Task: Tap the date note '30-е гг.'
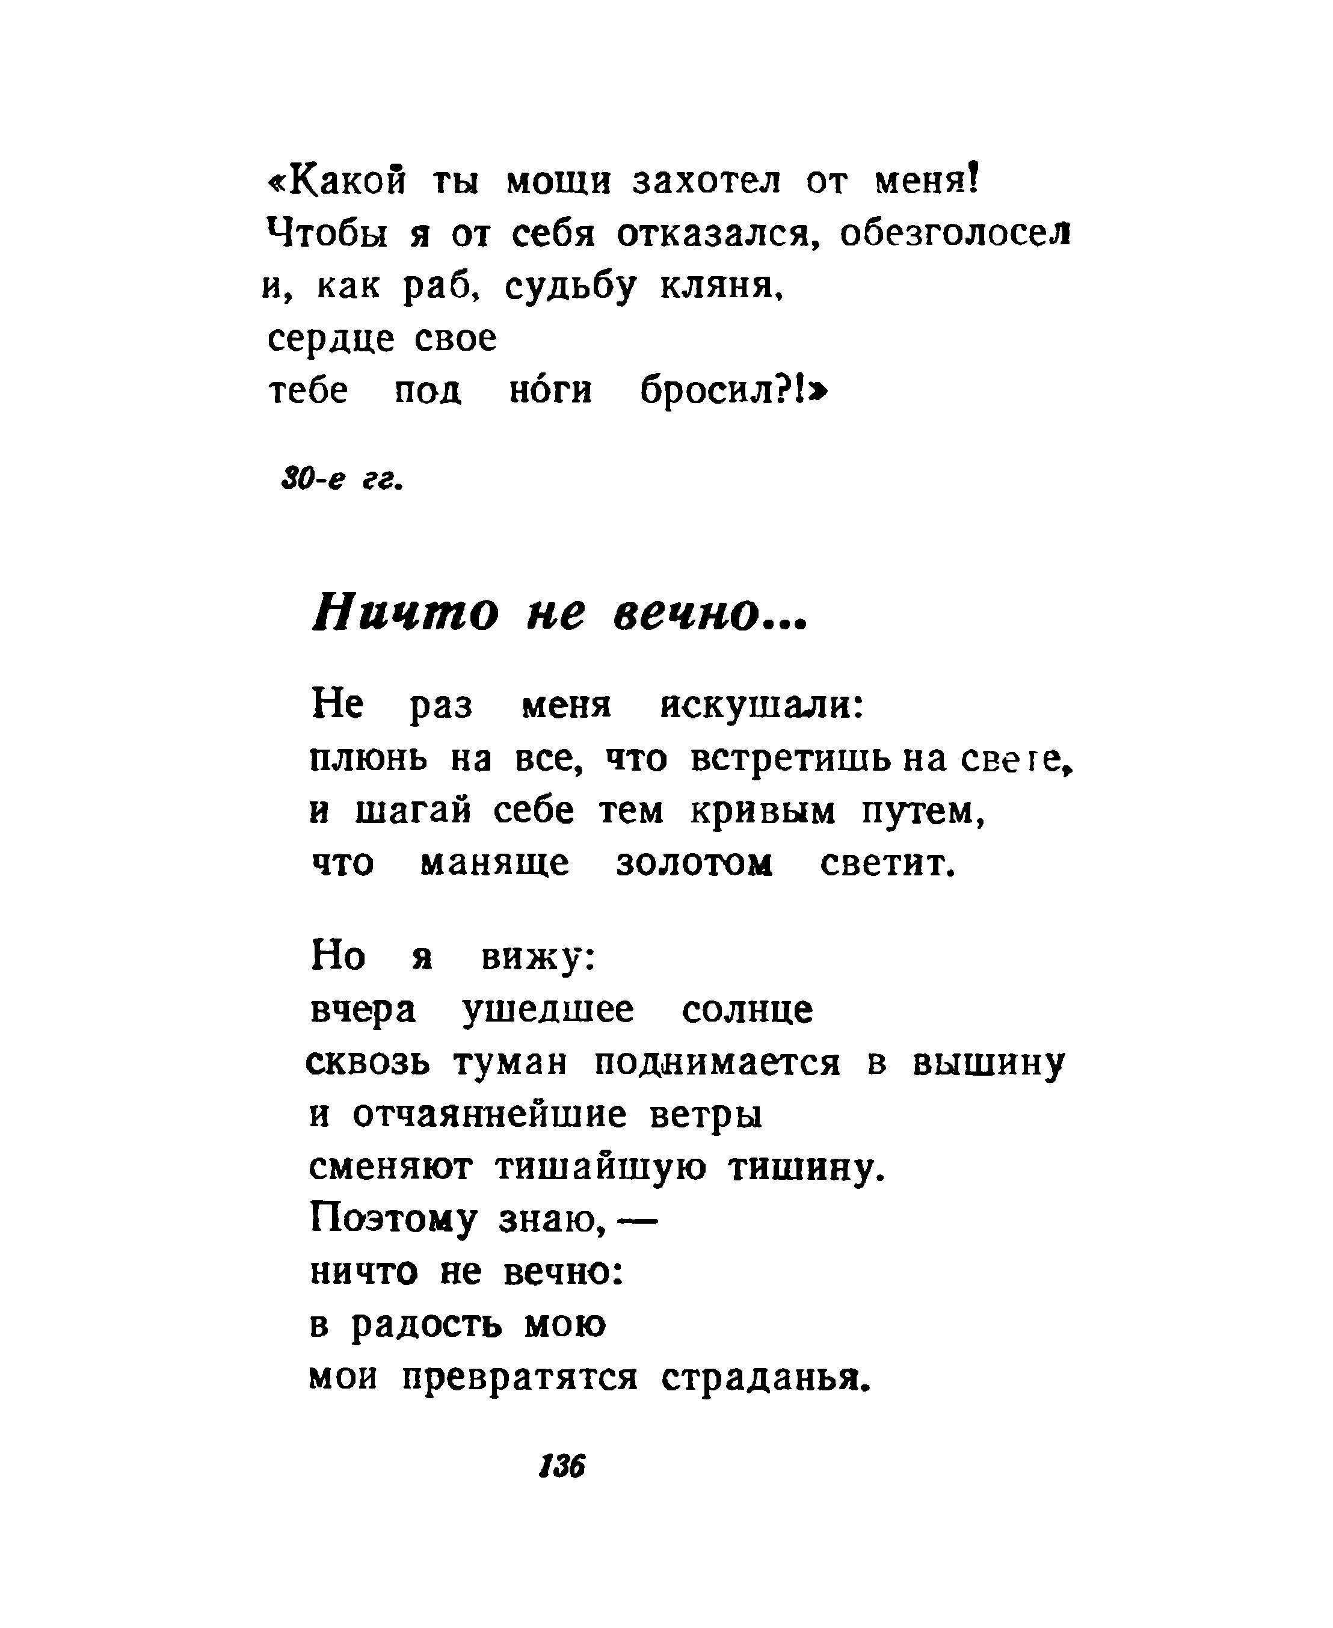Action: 342,481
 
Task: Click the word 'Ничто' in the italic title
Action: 405,614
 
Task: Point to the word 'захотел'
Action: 706,182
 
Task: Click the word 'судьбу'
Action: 570,287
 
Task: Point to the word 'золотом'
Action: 694,864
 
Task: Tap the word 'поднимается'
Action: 717,1064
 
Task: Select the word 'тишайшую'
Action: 600,1168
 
